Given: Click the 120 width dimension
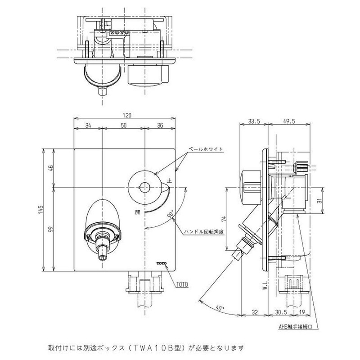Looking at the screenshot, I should pyautogui.click(x=125, y=115).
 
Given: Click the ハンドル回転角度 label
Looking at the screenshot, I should pyautogui.click(x=205, y=232).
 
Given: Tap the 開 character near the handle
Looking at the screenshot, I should pyautogui.click(x=137, y=210).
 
